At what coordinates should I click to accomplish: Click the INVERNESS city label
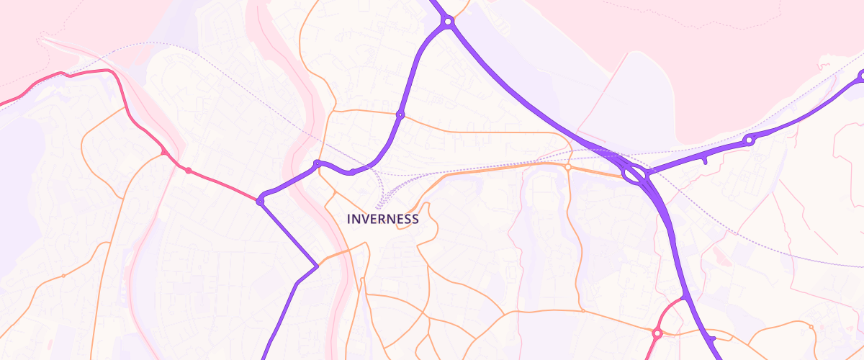[382, 219]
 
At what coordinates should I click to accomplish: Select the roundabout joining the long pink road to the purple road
[260, 202]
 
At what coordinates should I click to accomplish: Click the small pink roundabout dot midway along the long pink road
[189, 171]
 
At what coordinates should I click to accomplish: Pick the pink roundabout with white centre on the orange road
[657, 333]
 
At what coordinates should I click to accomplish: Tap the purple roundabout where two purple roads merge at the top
[448, 22]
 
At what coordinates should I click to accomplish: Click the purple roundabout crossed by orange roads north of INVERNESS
[400, 114]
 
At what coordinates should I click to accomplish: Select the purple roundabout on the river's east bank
[317, 164]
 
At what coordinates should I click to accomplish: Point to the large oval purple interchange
[634, 174]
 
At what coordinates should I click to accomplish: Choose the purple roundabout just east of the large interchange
[750, 140]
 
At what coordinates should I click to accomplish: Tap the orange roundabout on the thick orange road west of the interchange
[567, 167]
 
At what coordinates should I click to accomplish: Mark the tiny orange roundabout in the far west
[63, 276]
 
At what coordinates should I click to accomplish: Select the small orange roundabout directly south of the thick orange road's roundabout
[582, 311]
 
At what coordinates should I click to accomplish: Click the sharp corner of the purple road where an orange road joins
[316, 266]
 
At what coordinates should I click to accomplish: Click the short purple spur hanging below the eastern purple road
[705, 161]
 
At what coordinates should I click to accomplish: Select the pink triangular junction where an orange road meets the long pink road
[165, 153]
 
